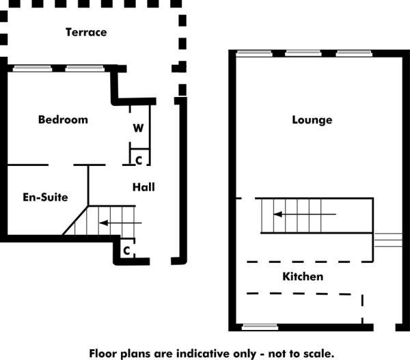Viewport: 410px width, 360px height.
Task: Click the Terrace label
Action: (86, 32)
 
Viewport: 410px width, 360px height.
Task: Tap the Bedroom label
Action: (63, 120)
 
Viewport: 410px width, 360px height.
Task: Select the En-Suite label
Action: (45, 197)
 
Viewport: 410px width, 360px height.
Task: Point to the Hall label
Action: (143, 186)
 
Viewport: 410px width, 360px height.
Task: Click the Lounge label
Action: (312, 120)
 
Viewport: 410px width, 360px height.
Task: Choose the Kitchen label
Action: (303, 277)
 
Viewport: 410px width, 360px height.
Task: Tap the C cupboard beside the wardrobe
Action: (139, 160)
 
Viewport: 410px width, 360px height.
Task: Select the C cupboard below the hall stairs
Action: (126, 250)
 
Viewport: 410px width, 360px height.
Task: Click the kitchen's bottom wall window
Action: (260, 327)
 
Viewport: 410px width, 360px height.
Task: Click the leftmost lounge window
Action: (254, 53)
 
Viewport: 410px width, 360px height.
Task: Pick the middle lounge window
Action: (303, 53)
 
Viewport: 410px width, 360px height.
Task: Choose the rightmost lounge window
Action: (353, 53)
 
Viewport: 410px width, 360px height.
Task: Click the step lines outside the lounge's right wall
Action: (387, 240)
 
